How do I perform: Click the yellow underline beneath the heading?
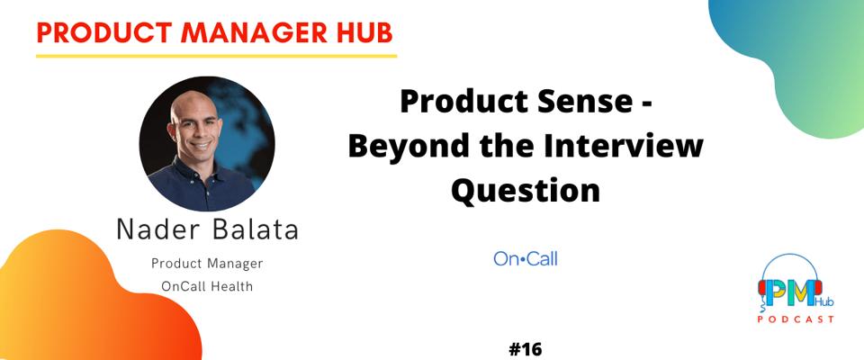point(216,56)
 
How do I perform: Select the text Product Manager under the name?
point(207,264)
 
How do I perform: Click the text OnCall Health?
point(207,287)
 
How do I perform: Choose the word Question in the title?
point(525,190)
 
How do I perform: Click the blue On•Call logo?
point(525,258)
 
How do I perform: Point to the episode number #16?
point(525,349)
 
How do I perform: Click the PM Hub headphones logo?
point(790,287)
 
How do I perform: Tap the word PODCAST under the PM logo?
point(796,319)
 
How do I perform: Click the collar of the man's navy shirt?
point(195,168)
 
